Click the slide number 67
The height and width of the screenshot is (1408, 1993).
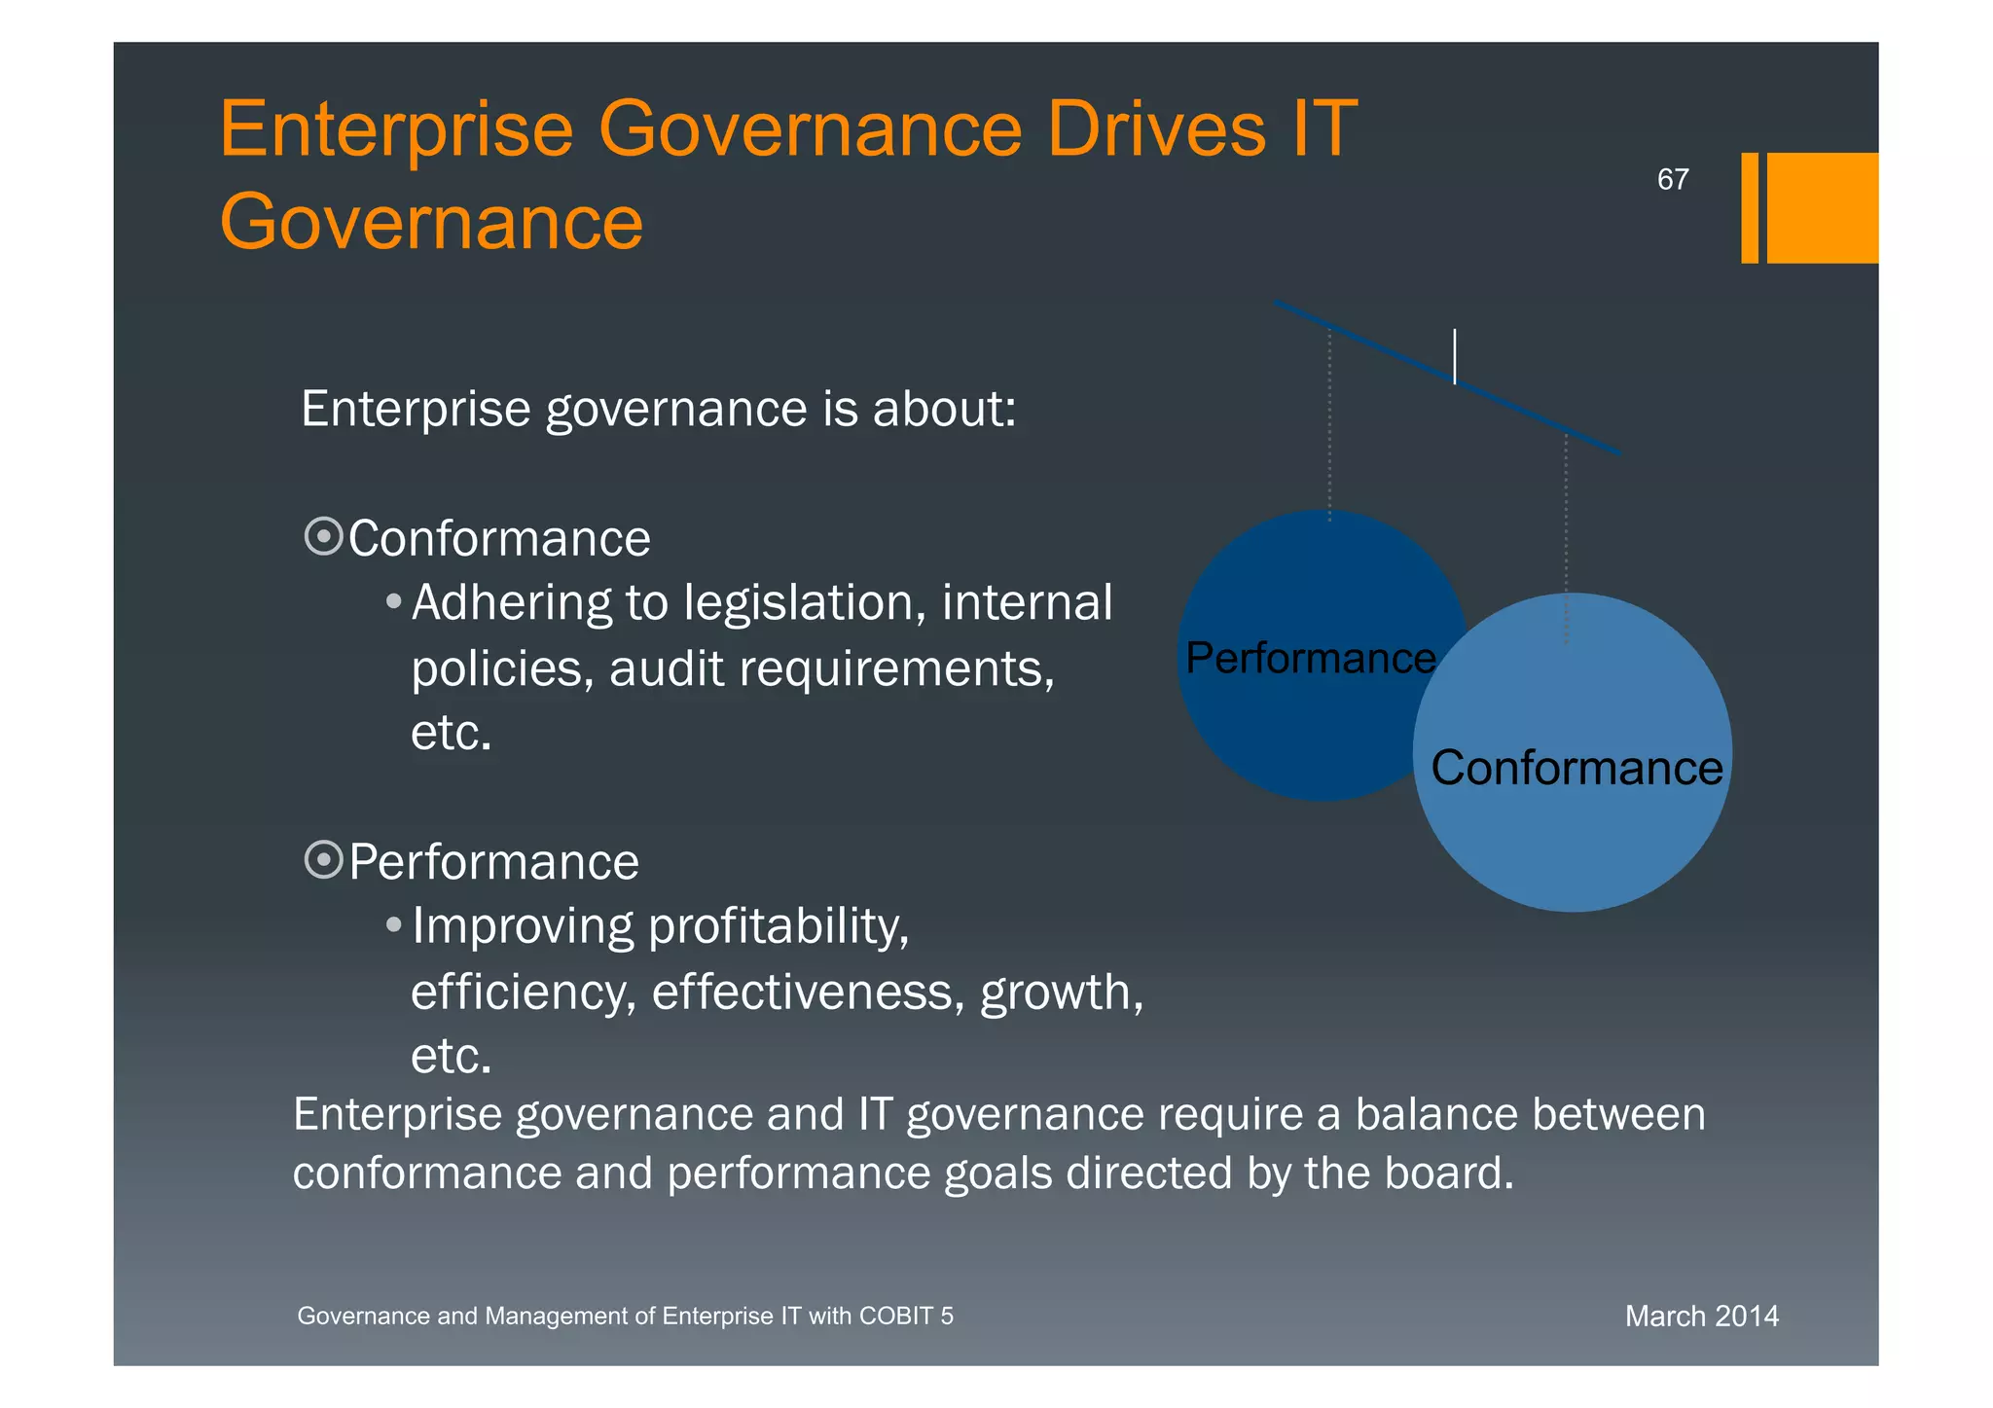1672,180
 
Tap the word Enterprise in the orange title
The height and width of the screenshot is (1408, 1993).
396,129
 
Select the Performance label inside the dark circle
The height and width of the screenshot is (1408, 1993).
1310,659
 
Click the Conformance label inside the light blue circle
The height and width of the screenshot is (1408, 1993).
1576,768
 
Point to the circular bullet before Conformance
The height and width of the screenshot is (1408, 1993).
323,536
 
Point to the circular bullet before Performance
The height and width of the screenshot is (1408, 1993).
323,860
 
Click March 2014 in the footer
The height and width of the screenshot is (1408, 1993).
1701,1317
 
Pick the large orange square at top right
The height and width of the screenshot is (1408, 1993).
1822,207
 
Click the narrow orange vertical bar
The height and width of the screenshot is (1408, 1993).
1750,207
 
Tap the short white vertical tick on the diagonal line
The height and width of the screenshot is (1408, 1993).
1455,356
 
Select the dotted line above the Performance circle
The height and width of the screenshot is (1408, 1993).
1329,423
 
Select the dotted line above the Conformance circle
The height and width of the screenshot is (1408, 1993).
1566,535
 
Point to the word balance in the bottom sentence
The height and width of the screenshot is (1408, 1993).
1430,1115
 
